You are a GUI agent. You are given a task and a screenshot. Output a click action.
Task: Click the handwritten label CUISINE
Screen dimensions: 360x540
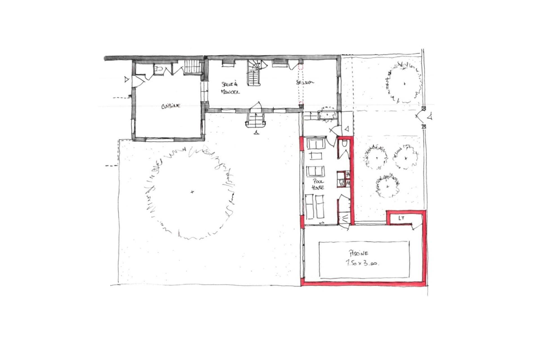[x=171, y=106]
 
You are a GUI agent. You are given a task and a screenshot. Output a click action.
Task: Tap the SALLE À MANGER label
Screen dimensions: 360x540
[x=230, y=88]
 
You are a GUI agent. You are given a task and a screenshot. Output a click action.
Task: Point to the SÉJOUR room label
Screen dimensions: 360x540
[x=305, y=82]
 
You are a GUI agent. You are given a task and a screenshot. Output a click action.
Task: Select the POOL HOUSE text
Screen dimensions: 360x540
[x=318, y=184]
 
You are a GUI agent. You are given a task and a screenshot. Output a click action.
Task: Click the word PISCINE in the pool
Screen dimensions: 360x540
[x=358, y=253]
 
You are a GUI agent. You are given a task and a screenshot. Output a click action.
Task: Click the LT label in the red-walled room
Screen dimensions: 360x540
[x=401, y=218]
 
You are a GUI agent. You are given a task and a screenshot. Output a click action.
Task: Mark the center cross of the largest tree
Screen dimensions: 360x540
[x=192, y=192]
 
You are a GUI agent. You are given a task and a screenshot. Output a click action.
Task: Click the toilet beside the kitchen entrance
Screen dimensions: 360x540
[x=159, y=68]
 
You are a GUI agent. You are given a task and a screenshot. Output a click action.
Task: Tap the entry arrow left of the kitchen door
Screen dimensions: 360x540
[x=127, y=80]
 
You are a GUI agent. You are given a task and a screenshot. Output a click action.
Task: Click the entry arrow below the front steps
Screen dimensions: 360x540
[x=256, y=132]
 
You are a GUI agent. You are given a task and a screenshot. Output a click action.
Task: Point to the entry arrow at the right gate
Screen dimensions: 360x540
[x=430, y=116]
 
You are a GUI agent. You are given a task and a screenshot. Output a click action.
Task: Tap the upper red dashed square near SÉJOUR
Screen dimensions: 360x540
[x=301, y=67]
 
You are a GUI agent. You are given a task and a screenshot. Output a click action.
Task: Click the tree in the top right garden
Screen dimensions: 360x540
[x=404, y=84]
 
